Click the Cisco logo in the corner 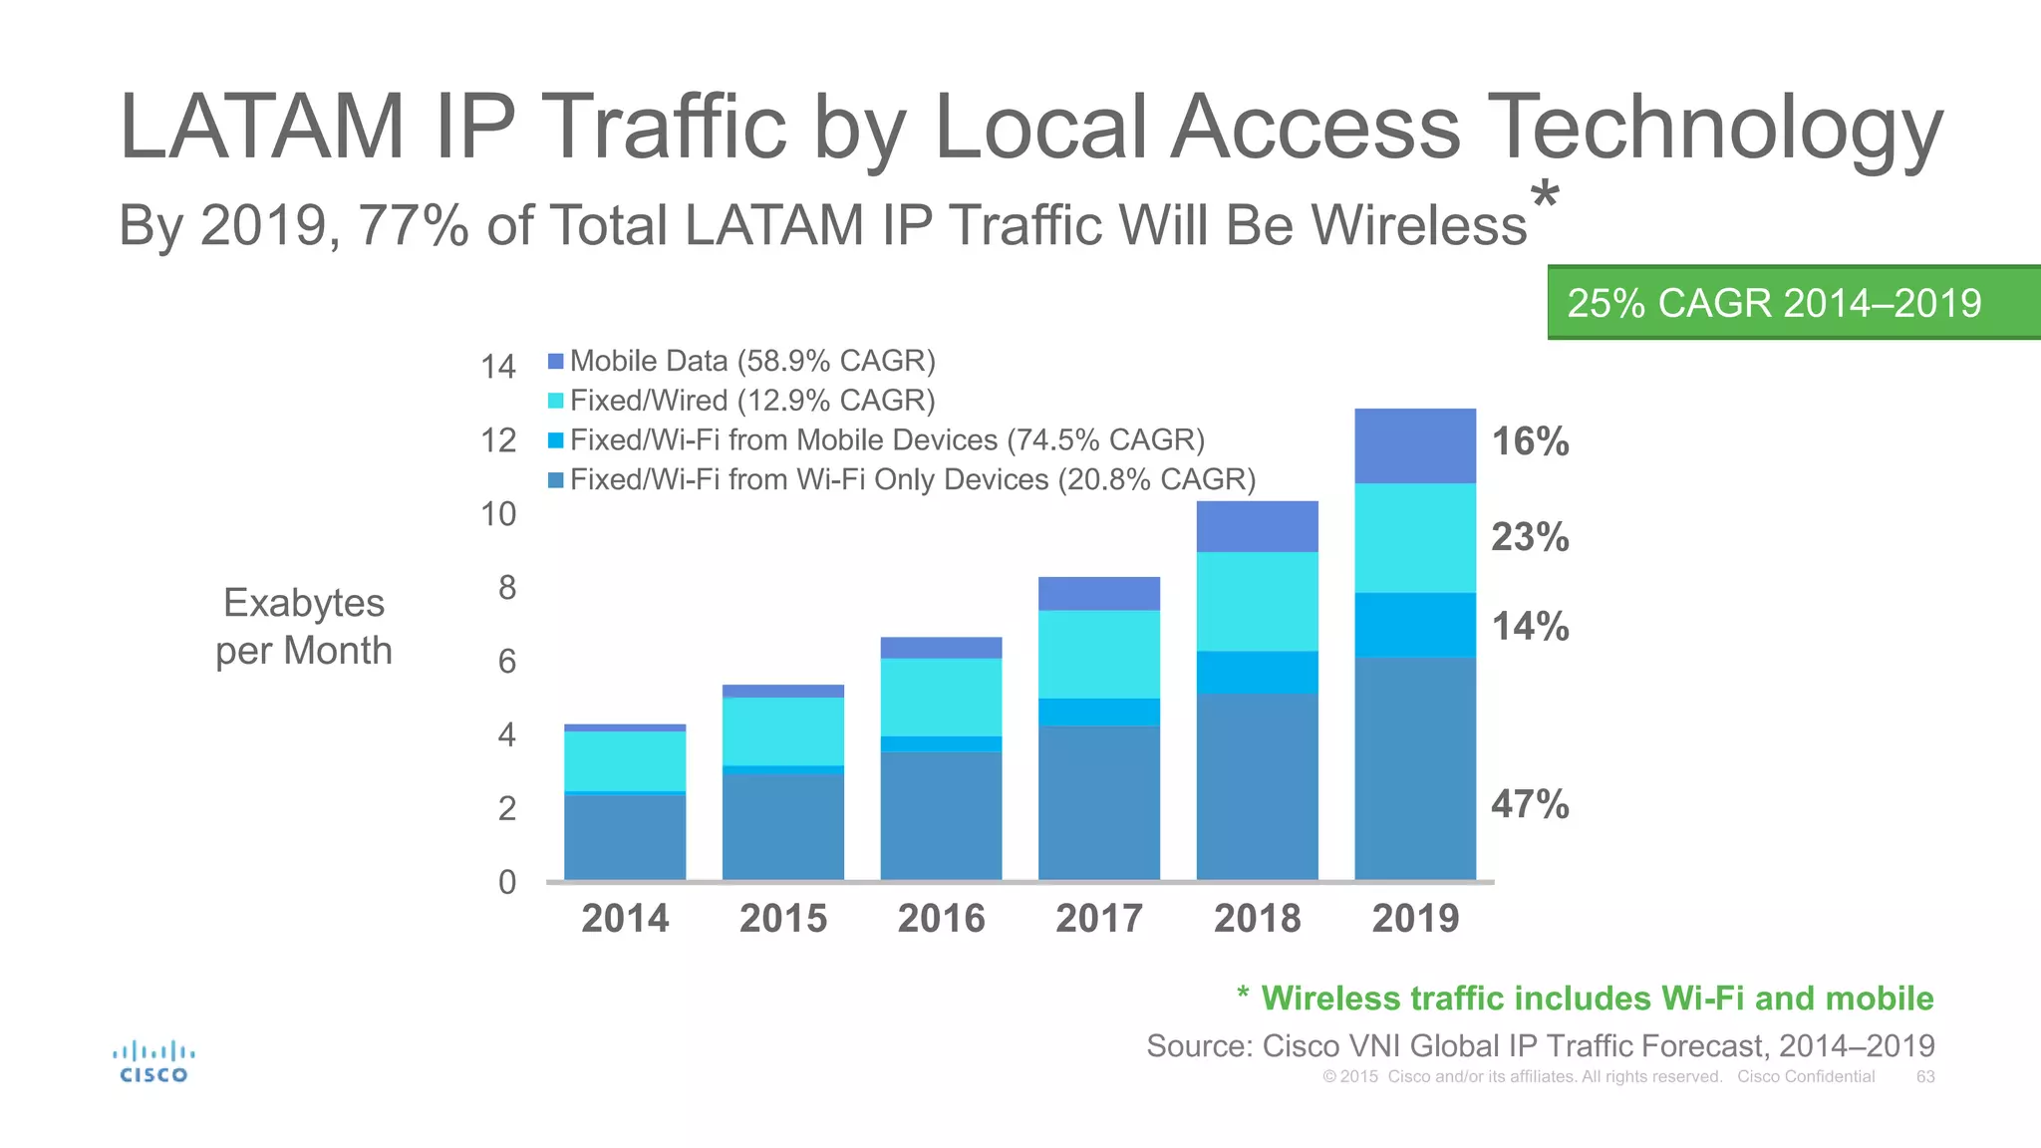(153, 1061)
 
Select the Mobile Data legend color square (556, 361)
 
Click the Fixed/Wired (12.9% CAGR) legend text (751, 401)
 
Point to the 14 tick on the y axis (498, 367)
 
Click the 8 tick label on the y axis (507, 588)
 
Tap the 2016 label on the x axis (941, 918)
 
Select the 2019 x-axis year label (1415, 918)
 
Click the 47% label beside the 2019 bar (1530, 804)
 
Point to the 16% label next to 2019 (1530, 441)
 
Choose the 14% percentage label (1530, 627)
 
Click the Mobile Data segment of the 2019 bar (1415, 445)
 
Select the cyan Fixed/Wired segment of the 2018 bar (1257, 601)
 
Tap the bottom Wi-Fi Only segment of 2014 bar (625, 837)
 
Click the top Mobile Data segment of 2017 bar (1099, 593)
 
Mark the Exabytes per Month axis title (304, 627)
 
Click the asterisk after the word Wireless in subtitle (1545, 194)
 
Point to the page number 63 (1925, 1077)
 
